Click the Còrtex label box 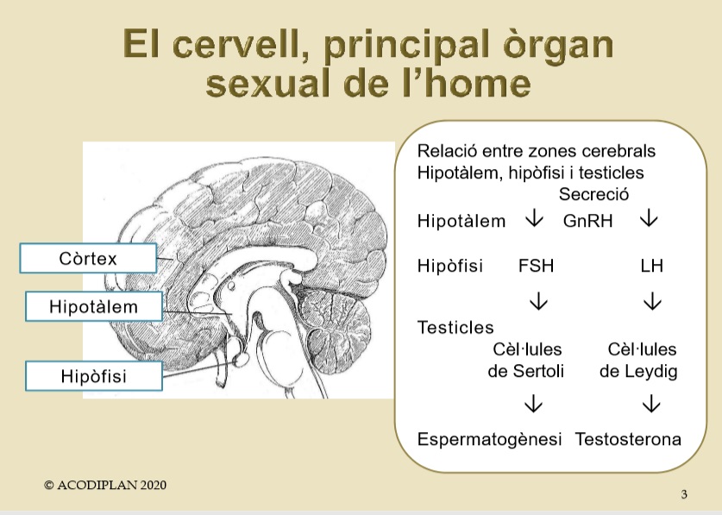(x=88, y=259)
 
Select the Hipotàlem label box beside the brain (x=94, y=306)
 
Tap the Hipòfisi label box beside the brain (x=94, y=376)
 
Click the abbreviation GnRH (x=587, y=221)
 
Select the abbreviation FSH (x=536, y=266)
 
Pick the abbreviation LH (x=651, y=266)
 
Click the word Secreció (x=593, y=194)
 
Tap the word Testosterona (x=628, y=439)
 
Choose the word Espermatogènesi (x=489, y=439)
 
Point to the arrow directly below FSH (x=538, y=301)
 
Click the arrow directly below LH (x=652, y=301)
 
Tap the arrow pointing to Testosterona (x=651, y=403)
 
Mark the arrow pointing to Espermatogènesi (x=533, y=403)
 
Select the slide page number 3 (x=684, y=494)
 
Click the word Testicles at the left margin (x=455, y=328)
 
